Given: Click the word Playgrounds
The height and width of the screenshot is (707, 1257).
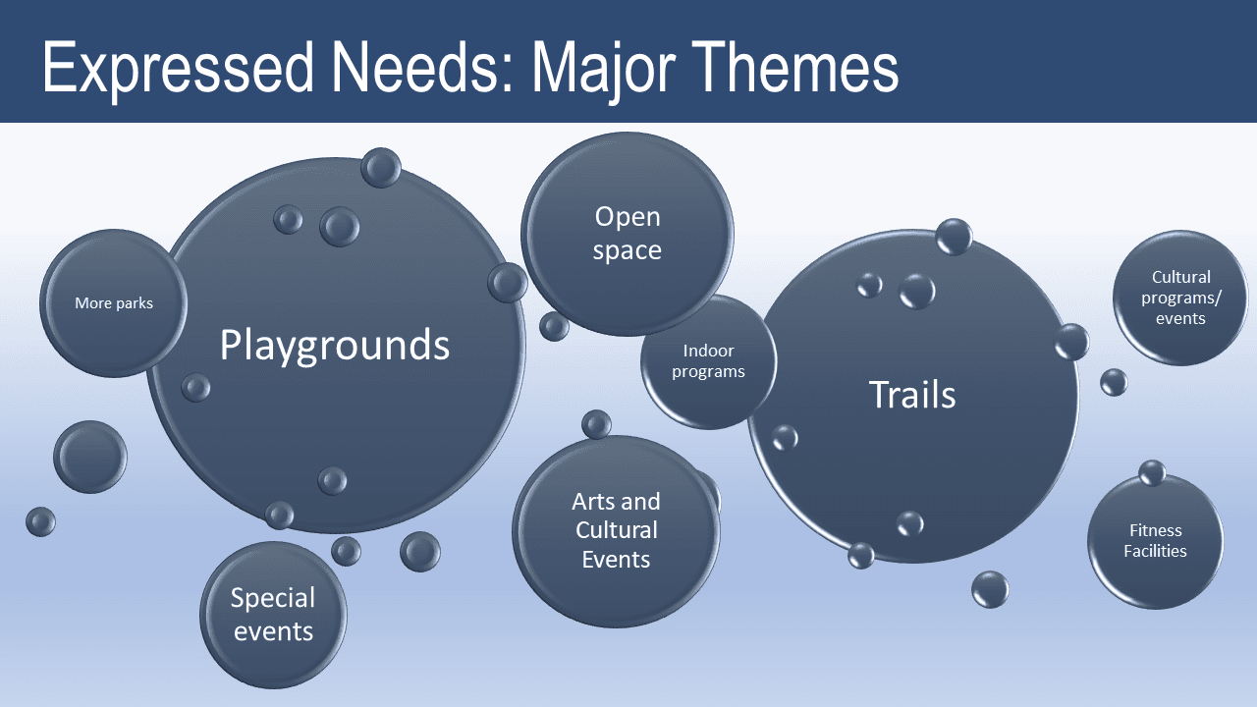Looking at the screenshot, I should coord(334,346).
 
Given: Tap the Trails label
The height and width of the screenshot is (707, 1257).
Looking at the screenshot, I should coord(912,395).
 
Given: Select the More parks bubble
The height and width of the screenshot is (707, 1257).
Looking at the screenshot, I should coord(113,303).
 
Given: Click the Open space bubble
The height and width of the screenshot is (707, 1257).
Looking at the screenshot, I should coord(627,234).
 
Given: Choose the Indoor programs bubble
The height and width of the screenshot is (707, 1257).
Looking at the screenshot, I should coord(709,361).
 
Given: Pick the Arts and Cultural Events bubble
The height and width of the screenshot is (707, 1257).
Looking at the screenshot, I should coord(616,531).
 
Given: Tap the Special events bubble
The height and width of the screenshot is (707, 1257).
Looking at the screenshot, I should coord(273,615).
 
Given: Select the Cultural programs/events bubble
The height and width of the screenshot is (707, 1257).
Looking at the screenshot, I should coord(1180,298).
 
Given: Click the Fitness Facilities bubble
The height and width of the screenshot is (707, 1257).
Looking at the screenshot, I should coord(1155,541).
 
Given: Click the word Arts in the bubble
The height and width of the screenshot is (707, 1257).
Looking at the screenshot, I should coord(594,502).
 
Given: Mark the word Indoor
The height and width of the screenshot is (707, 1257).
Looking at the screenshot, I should coord(709,351).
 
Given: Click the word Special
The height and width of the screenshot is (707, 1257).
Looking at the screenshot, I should coord(273,598).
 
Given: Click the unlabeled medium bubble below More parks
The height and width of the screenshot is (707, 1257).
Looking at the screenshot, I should coord(90,457).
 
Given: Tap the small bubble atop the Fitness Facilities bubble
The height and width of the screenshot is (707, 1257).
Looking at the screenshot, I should coord(1152,472).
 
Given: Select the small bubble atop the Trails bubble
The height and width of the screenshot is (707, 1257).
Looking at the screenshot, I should coord(954,237).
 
